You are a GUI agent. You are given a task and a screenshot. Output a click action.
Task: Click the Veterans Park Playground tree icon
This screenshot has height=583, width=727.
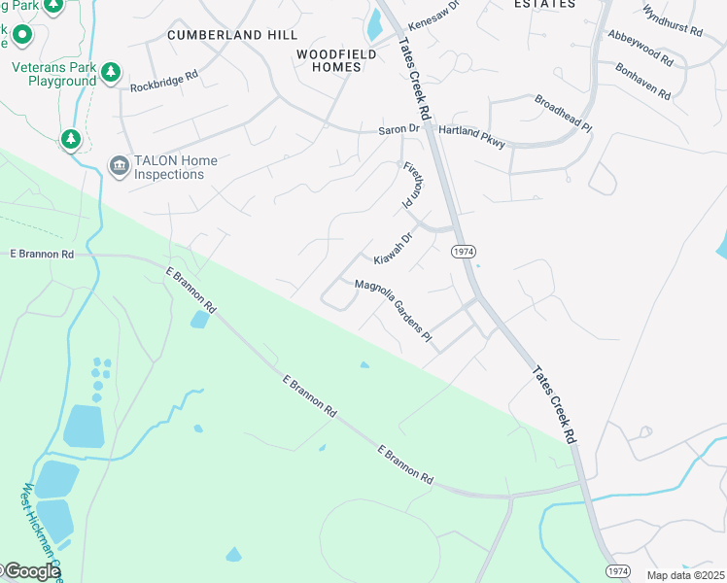[112, 71]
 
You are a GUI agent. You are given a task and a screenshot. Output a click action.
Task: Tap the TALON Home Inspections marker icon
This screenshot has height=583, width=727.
[120, 167]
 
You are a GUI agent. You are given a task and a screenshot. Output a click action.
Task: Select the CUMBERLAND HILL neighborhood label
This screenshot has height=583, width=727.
[231, 35]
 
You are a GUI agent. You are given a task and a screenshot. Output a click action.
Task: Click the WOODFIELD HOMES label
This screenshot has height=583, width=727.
[335, 60]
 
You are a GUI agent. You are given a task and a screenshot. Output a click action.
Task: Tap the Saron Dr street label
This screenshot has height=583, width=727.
[398, 129]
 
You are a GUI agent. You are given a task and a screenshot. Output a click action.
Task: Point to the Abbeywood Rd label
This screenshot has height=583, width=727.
[640, 47]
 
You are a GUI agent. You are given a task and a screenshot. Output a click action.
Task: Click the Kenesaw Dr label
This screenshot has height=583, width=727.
[433, 15]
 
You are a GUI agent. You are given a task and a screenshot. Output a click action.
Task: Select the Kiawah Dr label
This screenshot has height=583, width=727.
[395, 248]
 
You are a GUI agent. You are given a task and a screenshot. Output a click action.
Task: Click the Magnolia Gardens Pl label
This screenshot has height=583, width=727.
[394, 309]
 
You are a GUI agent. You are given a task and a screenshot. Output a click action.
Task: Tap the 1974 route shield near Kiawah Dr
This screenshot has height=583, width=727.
[464, 252]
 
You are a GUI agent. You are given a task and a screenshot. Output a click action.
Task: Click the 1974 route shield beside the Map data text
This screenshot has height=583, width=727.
[616, 572]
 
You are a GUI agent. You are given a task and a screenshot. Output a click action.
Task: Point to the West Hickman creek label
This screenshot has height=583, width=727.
[39, 525]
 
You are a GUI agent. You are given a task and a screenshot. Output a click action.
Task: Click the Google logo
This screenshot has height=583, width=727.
[31, 571]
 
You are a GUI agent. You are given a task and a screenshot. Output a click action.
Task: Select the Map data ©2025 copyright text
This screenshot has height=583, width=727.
[685, 575]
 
